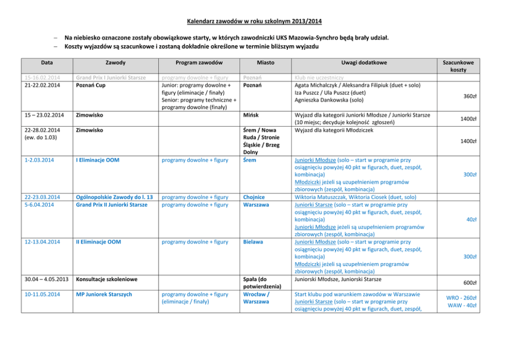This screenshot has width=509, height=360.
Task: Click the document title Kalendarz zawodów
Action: (x=254, y=22)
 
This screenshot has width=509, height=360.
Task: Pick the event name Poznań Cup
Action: (x=90, y=85)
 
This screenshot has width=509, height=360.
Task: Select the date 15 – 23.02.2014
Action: (x=45, y=115)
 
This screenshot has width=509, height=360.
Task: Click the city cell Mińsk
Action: (x=251, y=115)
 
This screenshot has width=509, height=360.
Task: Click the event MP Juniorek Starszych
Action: (x=104, y=294)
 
